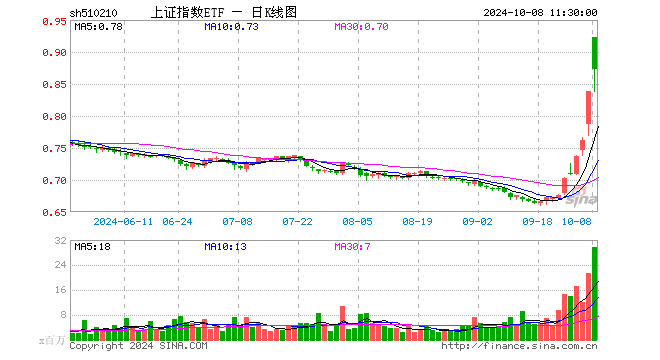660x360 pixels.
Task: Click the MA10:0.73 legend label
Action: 231,27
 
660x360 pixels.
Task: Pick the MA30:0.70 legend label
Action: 361,27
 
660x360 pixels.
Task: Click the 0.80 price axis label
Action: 55,116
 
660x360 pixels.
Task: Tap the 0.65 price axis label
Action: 55,213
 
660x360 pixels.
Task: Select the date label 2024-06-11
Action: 119,222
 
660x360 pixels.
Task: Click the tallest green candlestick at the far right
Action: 595,65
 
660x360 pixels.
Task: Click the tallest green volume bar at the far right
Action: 595,292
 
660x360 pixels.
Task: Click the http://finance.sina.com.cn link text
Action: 520,346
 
